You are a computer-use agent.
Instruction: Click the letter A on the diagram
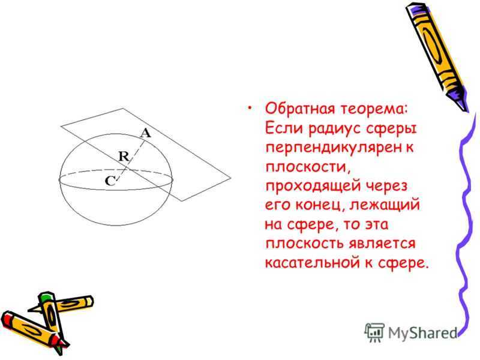coord(146,133)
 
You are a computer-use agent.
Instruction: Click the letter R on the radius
coord(124,157)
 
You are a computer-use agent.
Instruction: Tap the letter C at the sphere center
coord(110,181)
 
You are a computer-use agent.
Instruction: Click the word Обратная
coord(299,109)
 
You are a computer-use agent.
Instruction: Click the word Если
coord(283,128)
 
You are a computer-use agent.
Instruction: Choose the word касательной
coord(311,263)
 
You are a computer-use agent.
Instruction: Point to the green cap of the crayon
coord(46,296)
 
